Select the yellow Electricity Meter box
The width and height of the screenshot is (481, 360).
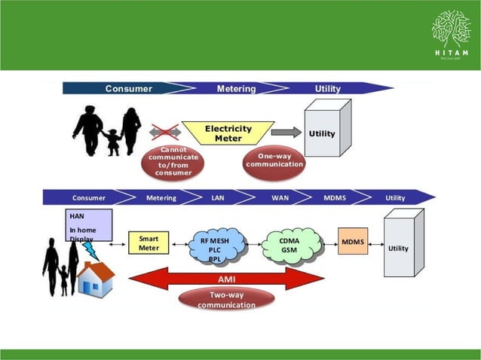coord(228,133)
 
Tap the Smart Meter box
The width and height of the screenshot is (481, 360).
coord(149,242)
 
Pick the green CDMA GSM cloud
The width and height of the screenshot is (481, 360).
coord(289,246)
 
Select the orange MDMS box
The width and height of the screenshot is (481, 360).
coord(352,242)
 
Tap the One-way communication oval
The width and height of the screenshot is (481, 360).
coord(275,160)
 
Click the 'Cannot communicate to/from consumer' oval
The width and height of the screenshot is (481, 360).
coord(173,161)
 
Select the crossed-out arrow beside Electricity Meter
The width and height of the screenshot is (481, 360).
coord(165,133)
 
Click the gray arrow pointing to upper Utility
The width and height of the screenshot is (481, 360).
coord(286,133)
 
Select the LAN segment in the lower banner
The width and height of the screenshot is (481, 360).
coord(216,198)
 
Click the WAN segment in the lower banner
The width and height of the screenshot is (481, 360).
coord(280,198)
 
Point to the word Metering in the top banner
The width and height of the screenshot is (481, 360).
coord(236,89)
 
